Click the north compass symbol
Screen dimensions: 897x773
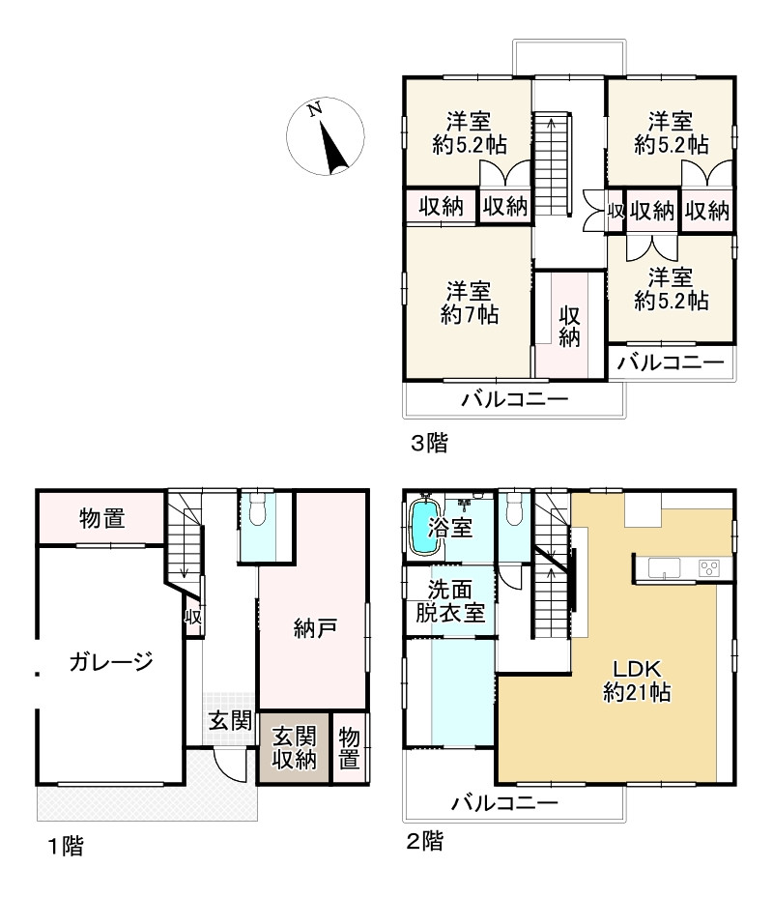tap(325, 137)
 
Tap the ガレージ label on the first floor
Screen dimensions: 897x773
tap(111, 662)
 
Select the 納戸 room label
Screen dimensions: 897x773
tap(315, 629)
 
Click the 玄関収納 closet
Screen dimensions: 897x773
tap(294, 747)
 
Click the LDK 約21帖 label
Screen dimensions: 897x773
tap(637, 680)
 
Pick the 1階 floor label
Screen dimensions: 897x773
tap(66, 848)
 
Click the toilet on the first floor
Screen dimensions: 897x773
tap(257, 510)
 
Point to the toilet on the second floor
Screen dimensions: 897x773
tap(513, 508)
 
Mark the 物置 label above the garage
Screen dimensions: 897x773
tap(101, 519)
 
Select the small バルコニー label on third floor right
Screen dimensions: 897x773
tap(671, 363)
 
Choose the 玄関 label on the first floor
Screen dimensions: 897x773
tap(231, 720)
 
